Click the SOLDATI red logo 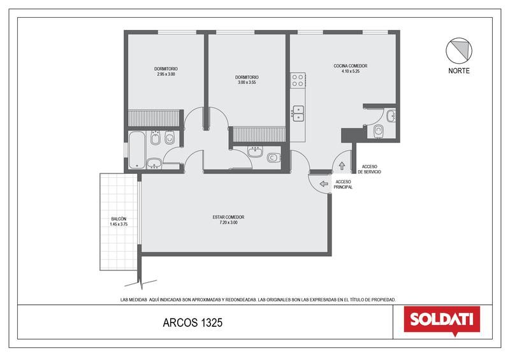442,320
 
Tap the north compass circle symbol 458,51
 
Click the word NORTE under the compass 458,71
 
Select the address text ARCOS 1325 193,322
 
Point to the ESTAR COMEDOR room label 228,217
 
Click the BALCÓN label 119,219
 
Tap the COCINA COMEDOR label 350,66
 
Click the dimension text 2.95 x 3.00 166,74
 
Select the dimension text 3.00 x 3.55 247,83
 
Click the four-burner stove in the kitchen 298,80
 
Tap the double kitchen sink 298,113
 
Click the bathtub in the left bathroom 137,150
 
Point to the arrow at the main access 324,184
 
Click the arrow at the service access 342,166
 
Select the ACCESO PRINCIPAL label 343,184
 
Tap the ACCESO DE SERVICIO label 369,169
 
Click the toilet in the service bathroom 378,131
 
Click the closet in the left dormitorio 154,118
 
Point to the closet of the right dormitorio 259,134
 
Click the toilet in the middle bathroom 273,158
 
